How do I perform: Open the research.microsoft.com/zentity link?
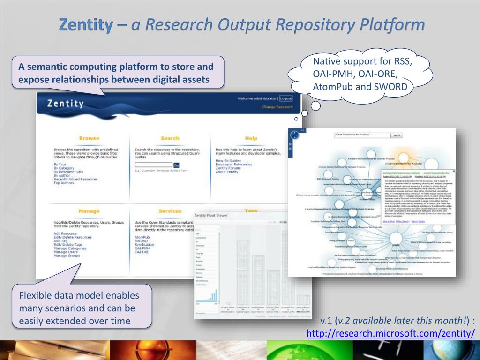tap(390, 333)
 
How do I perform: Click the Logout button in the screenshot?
tap(285, 98)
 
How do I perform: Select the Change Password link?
tap(277, 107)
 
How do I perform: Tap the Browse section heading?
tap(89, 138)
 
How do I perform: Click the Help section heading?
tap(251, 138)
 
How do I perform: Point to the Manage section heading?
tap(89, 211)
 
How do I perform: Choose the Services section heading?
tap(170, 211)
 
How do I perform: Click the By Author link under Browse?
tap(62, 175)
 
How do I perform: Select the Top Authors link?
tap(63, 183)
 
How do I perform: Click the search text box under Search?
tap(153, 165)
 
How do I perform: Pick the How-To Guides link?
tap(228, 161)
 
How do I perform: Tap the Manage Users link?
tap(66, 252)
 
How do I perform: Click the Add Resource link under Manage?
tap(65, 233)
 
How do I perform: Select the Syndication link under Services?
tap(144, 244)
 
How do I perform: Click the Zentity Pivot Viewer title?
tap(211, 215)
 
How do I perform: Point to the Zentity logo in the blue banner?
tap(65, 103)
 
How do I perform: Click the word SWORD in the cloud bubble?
tap(391, 87)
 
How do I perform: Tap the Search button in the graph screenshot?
tap(397, 135)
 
